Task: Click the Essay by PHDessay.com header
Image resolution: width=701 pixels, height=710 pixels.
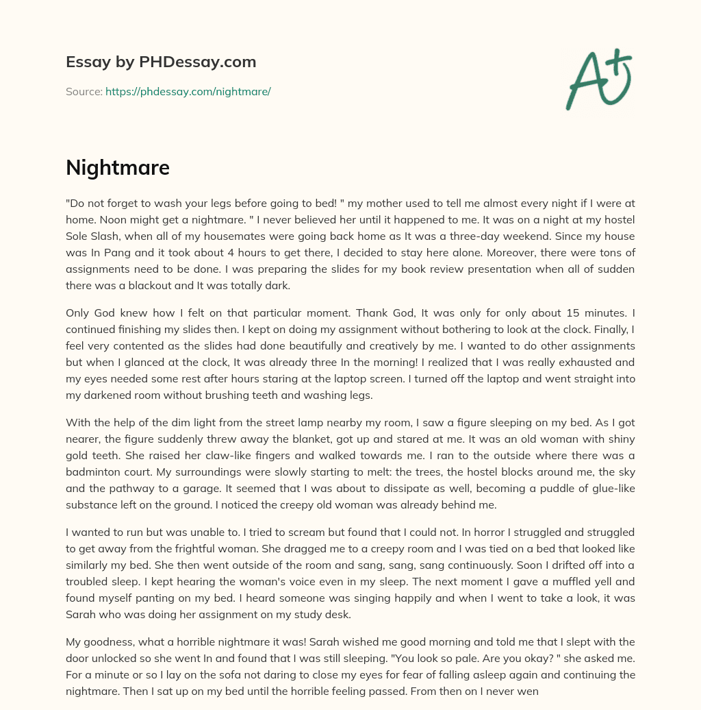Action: (x=161, y=62)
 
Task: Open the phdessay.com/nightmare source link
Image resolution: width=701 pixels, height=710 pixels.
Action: (x=188, y=91)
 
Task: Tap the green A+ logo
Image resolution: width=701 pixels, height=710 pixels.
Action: (x=598, y=79)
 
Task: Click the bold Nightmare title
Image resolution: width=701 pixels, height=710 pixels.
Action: (x=117, y=167)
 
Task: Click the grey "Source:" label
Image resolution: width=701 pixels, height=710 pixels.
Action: (x=84, y=91)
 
